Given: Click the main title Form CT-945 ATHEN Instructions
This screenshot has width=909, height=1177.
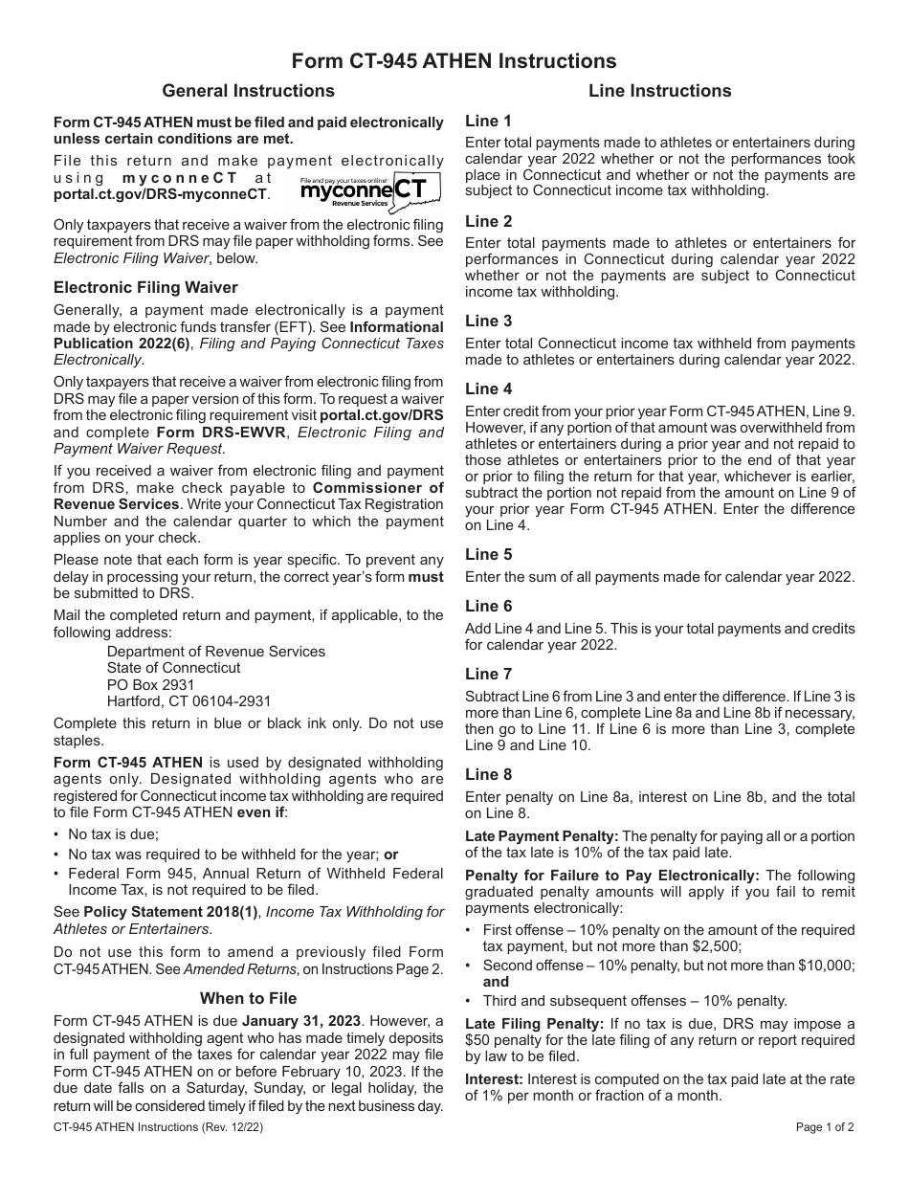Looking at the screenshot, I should click(x=454, y=61).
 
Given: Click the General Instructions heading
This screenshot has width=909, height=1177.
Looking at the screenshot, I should click(x=249, y=91).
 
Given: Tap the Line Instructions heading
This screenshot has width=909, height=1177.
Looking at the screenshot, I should click(x=659, y=91).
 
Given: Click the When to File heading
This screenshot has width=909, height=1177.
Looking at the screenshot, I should click(x=249, y=998).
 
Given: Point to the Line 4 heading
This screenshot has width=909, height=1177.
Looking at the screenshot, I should click(x=488, y=389).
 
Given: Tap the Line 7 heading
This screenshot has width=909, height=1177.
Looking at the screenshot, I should click(x=488, y=674).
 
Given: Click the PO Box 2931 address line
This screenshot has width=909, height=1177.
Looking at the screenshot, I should click(x=150, y=685).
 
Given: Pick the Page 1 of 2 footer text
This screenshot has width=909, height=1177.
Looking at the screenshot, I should click(x=825, y=1127).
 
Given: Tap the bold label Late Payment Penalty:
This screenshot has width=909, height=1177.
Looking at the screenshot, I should click(x=542, y=835).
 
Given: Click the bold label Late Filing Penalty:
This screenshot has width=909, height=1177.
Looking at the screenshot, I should click(x=528, y=1023).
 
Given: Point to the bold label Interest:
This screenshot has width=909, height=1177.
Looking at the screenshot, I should click(x=494, y=1078).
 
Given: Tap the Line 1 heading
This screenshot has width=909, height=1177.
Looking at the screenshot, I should click(x=488, y=121).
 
